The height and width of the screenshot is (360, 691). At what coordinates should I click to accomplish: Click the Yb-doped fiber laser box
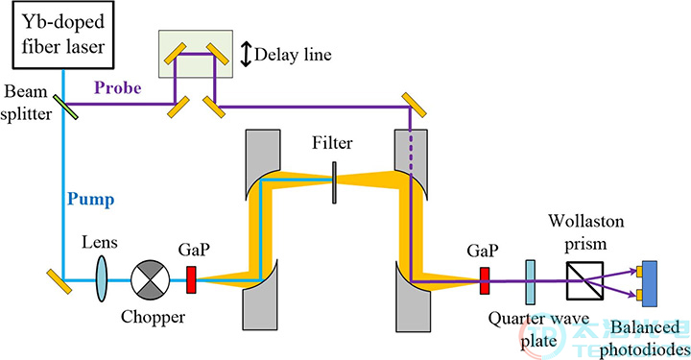point(63,35)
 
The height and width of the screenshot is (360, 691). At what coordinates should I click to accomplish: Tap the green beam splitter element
point(65,108)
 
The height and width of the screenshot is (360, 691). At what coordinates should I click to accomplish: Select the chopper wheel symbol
point(151,279)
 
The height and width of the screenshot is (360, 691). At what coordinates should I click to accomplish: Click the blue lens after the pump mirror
point(102,279)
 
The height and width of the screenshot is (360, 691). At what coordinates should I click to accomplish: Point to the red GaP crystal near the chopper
point(191,279)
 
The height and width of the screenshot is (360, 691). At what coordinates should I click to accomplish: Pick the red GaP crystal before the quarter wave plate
point(485,280)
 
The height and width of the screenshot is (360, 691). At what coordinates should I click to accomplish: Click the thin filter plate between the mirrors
point(335,182)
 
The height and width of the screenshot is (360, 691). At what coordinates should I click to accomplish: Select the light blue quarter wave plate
point(530,282)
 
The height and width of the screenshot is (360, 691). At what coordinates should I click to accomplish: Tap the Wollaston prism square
point(584,280)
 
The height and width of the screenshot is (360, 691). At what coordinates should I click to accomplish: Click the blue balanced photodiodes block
point(650,283)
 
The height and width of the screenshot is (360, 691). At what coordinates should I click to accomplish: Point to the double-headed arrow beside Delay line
point(247,54)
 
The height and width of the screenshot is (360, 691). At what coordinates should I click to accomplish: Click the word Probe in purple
point(118,87)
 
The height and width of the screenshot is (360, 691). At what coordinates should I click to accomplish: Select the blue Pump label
point(91,200)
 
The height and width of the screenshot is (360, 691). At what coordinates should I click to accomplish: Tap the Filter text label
point(332,143)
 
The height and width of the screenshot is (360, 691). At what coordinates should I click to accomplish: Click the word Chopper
point(153,317)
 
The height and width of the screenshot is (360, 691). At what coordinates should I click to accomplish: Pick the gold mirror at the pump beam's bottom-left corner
point(60,282)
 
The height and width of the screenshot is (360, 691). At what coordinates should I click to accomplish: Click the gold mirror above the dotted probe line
point(415,105)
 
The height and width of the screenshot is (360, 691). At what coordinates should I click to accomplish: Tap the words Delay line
point(293,55)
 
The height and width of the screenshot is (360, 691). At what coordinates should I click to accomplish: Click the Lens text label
point(100,242)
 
